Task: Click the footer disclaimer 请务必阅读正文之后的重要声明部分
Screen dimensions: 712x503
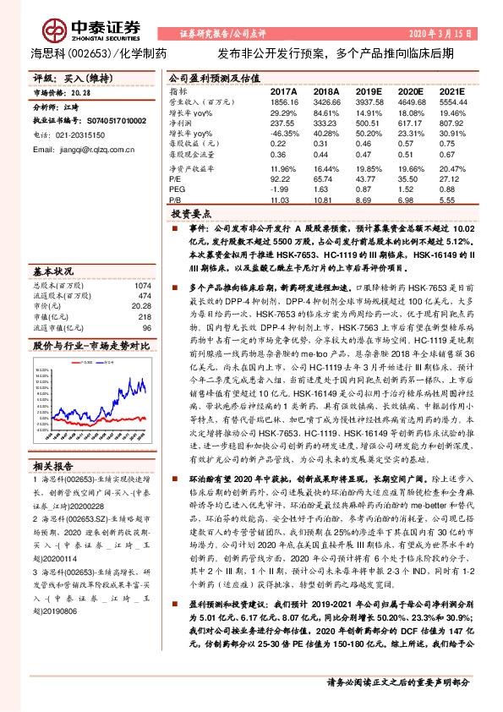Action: click(396, 682)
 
